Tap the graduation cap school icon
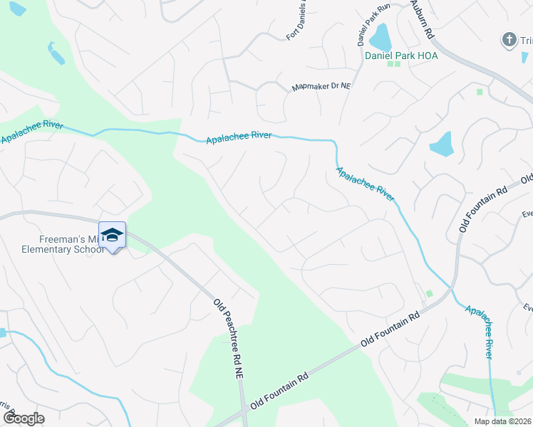pos(112,236)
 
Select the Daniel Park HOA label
pos(400,55)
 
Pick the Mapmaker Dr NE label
pos(321,88)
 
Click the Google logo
pos(24,418)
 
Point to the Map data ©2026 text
pos(502,421)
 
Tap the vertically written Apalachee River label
pos(480,332)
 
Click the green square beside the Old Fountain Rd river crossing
pos(429,293)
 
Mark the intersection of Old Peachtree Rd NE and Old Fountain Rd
pos(244,411)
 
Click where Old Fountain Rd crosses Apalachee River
pos(449,290)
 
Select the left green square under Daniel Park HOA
pos(390,65)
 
